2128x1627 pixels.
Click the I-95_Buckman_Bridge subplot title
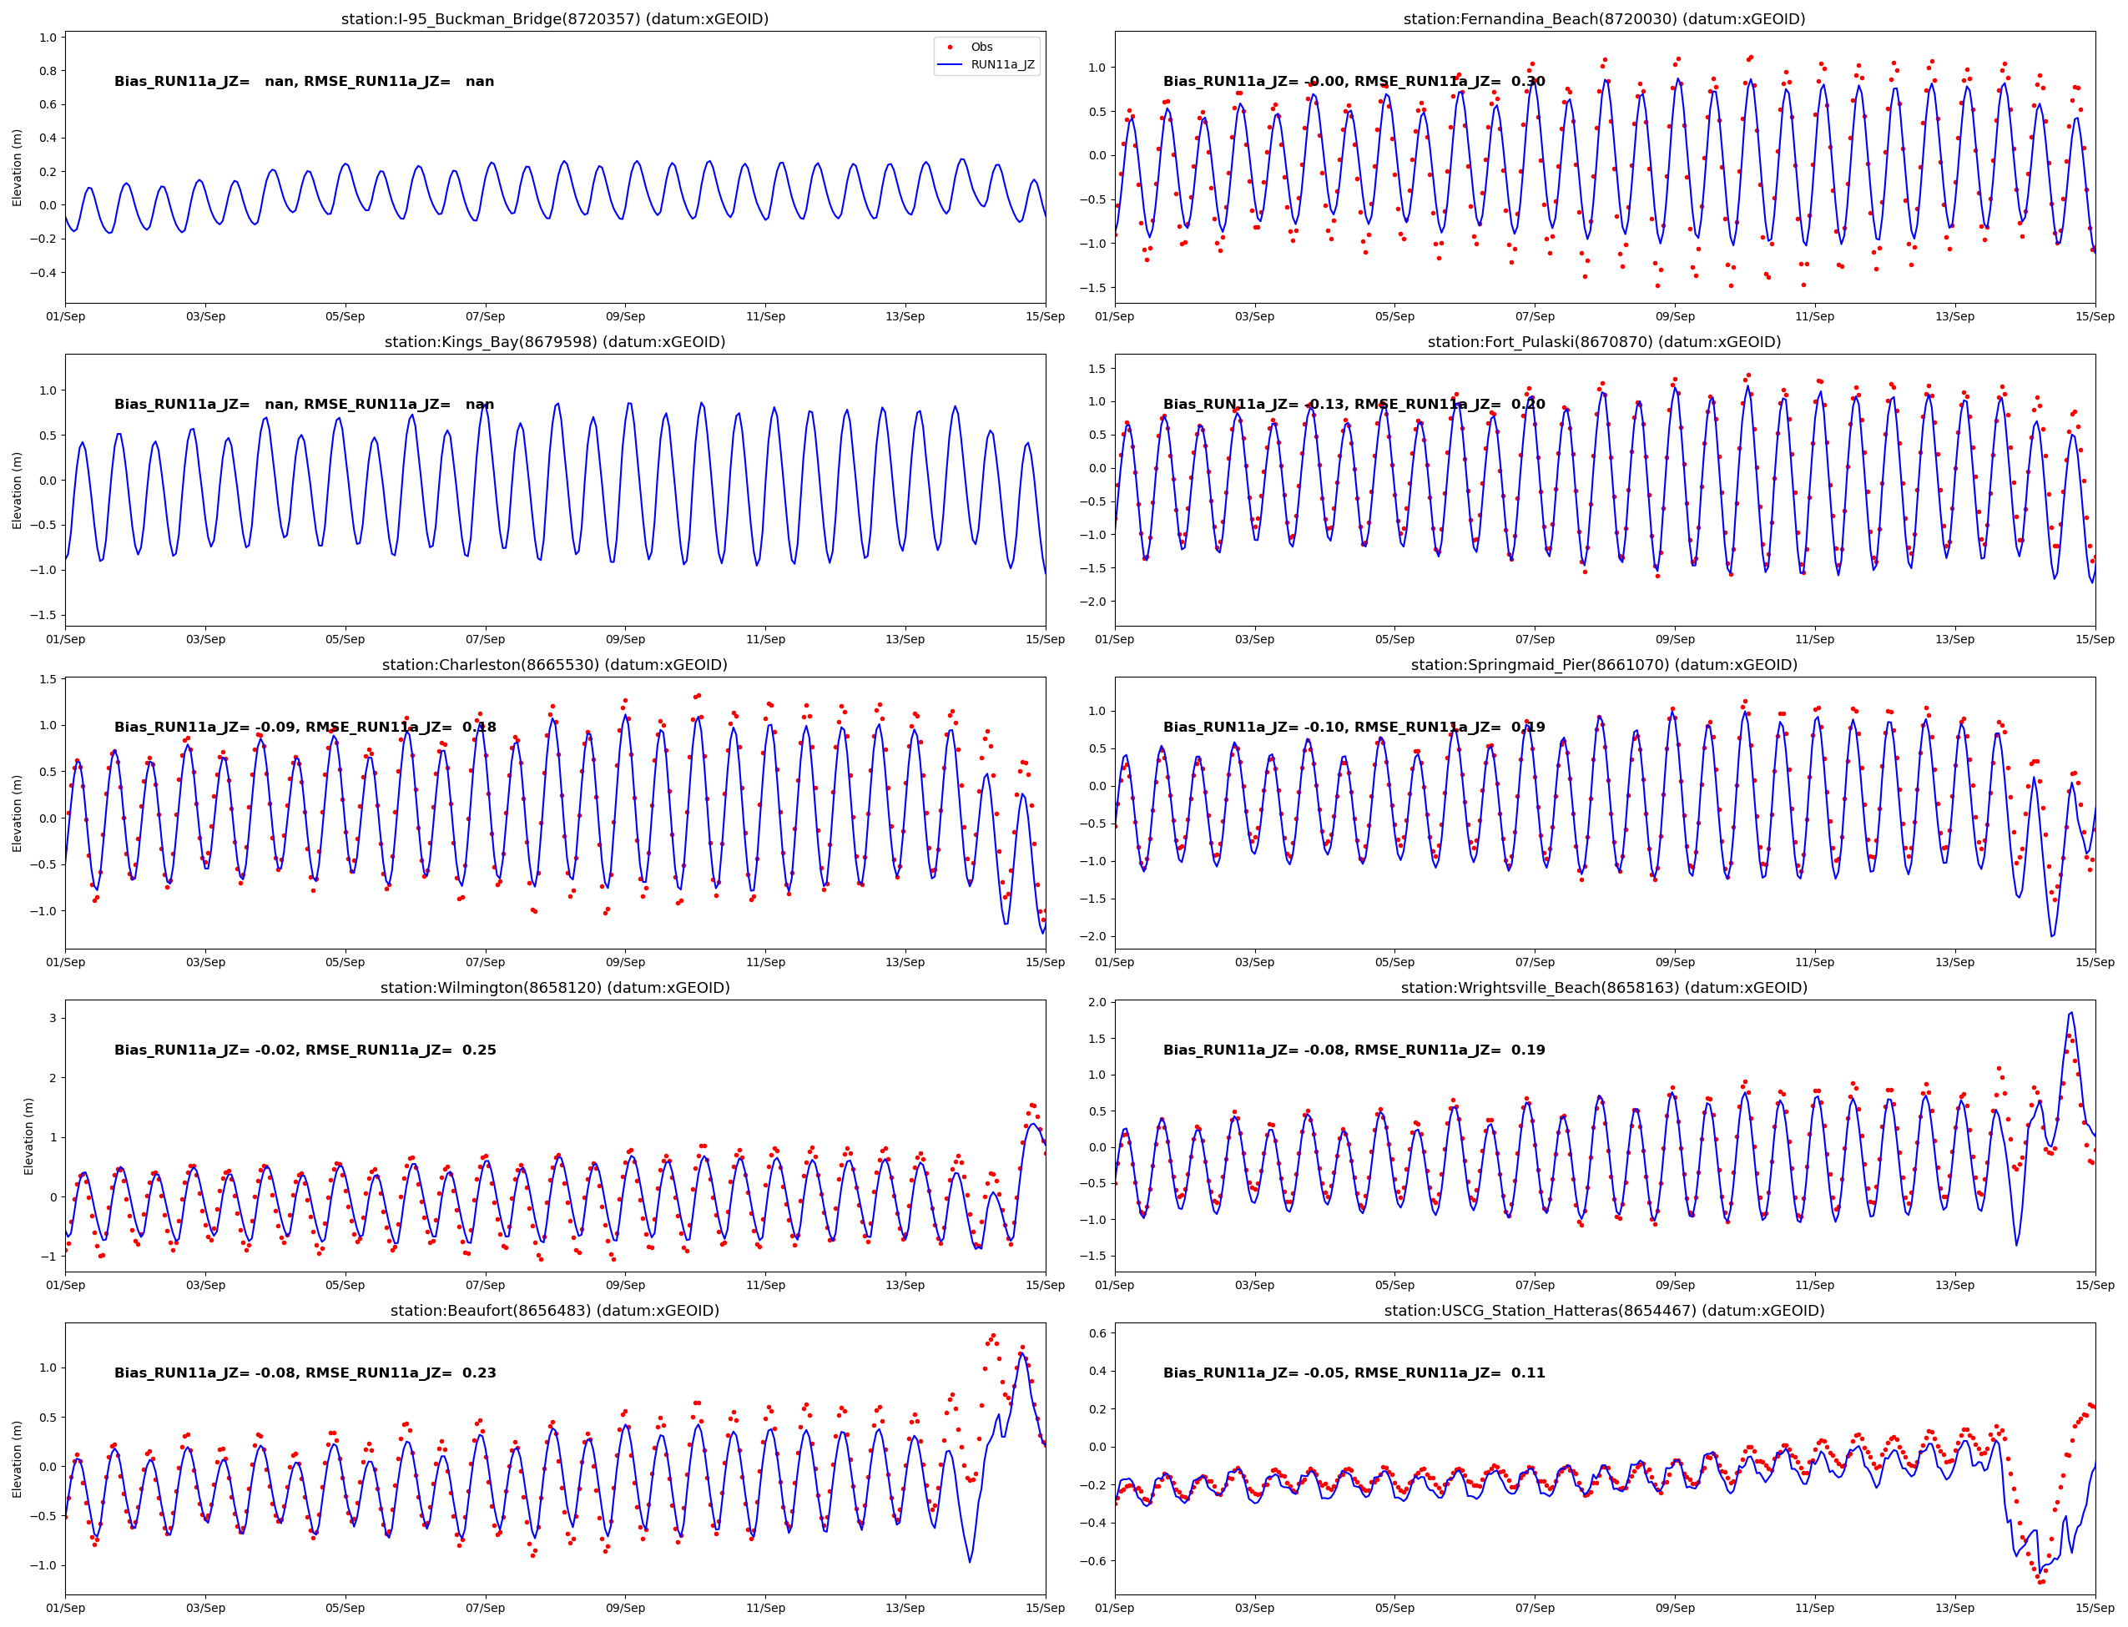(554, 19)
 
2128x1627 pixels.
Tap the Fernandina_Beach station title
(1603, 19)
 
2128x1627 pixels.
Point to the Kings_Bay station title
(554, 342)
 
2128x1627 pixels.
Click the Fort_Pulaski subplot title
(1603, 342)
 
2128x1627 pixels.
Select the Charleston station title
(554, 665)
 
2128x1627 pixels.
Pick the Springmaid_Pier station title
(1603, 665)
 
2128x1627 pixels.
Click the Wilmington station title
(554, 988)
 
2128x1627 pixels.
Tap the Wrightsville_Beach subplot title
(1603, 988)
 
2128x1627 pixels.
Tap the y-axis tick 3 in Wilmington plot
(53, 1018)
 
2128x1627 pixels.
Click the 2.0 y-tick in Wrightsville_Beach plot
(1097, 1002)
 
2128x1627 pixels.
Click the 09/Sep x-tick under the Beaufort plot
(625, 1609)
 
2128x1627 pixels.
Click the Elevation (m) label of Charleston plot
(17, 813)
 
